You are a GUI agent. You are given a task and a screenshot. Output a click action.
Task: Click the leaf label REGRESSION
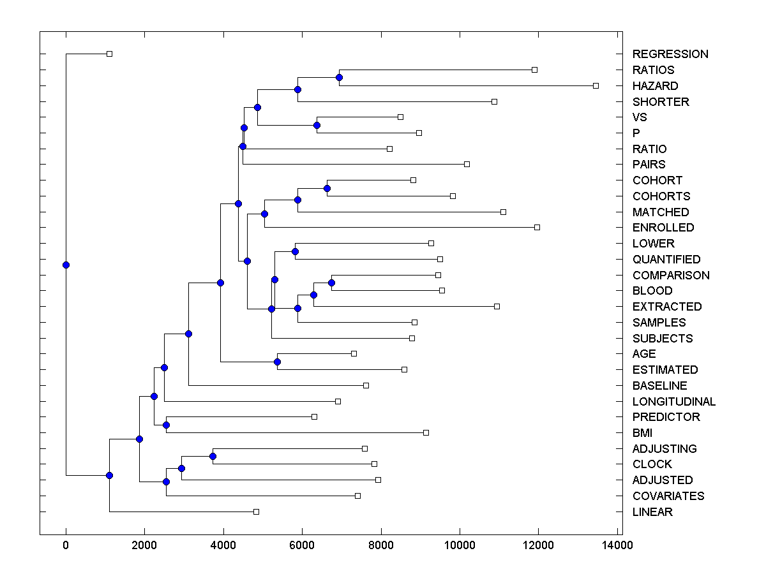670,54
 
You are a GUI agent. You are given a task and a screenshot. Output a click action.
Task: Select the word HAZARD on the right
655,85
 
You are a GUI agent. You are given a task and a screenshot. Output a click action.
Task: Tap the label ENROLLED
663,228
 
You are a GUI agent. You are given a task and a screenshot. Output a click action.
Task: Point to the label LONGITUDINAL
673,402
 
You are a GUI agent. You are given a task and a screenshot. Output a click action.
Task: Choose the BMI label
642,433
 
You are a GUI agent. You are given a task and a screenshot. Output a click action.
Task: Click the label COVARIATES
668,496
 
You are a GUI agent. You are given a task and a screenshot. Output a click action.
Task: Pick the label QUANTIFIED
666,260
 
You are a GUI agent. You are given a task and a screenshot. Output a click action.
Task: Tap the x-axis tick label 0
66,545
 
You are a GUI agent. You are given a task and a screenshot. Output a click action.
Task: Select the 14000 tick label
617,545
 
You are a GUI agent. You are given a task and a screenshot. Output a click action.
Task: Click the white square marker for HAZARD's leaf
596,85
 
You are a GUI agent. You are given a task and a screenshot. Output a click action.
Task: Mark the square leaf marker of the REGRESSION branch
109,54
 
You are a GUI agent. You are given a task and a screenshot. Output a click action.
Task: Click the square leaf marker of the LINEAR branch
256,511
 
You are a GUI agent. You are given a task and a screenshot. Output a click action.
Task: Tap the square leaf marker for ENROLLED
537,227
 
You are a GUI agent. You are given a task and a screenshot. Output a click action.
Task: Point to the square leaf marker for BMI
426,432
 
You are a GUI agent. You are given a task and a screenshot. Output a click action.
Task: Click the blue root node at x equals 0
66,265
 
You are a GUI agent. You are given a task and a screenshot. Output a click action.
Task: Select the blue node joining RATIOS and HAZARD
339,77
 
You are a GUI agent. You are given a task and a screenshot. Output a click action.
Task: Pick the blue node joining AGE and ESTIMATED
277,362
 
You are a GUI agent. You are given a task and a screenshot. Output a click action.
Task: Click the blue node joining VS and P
317,125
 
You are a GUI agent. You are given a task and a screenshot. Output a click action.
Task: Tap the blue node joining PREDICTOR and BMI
166,425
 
